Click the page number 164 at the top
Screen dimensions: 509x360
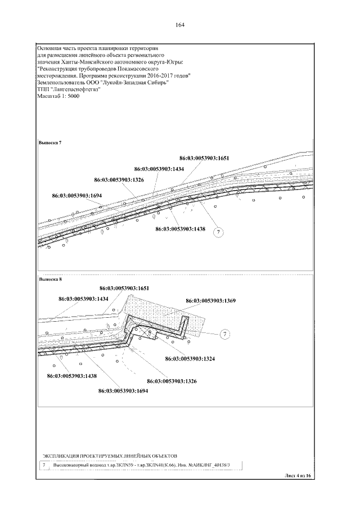pyautogui.click(x=180, y=25)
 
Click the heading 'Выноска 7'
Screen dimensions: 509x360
pyautogui.click(x=49, y=143)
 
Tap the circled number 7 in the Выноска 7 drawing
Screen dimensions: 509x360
pyautogui.click(x=219, y=232)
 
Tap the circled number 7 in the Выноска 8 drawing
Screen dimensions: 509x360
pyautogui.click(x=224, y=335)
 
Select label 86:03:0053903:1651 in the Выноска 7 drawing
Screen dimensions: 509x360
pyautogui.click(x=205, y=158)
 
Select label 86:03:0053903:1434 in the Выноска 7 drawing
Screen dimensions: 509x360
pyautogui.click(x=160, y=169)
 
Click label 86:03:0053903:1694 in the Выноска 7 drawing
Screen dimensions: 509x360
pyautogui.click(x=77, y=196)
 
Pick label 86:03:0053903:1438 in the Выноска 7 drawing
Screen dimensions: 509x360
pyautogui.click(x=180, y=229)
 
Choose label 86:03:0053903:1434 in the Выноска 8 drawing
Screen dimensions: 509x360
pyautogui.click(x=83, y=299)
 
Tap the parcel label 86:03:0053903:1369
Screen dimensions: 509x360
pyautogui.click(x=210, y=301)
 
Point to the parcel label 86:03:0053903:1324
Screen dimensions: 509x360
pyautogui.click(x=190, y=358)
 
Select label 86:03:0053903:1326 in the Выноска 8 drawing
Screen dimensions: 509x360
pyautogui.click(x=171, y=381)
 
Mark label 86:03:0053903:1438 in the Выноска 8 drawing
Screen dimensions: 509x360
pyautogui.click(x=72, y=375)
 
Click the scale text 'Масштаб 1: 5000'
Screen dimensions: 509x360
pyautogui.click(x=58, y=97)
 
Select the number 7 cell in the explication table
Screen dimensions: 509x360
pyautogui.click(x=44, y=465)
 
